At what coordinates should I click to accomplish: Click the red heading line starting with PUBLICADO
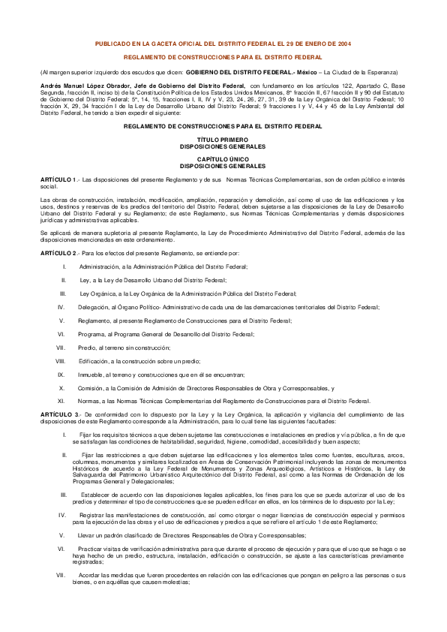[223, 44]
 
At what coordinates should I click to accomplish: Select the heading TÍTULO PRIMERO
[223, 140]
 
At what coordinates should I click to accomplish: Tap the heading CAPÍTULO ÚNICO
[223, 160]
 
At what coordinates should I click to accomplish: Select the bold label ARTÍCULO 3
[57, 414]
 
